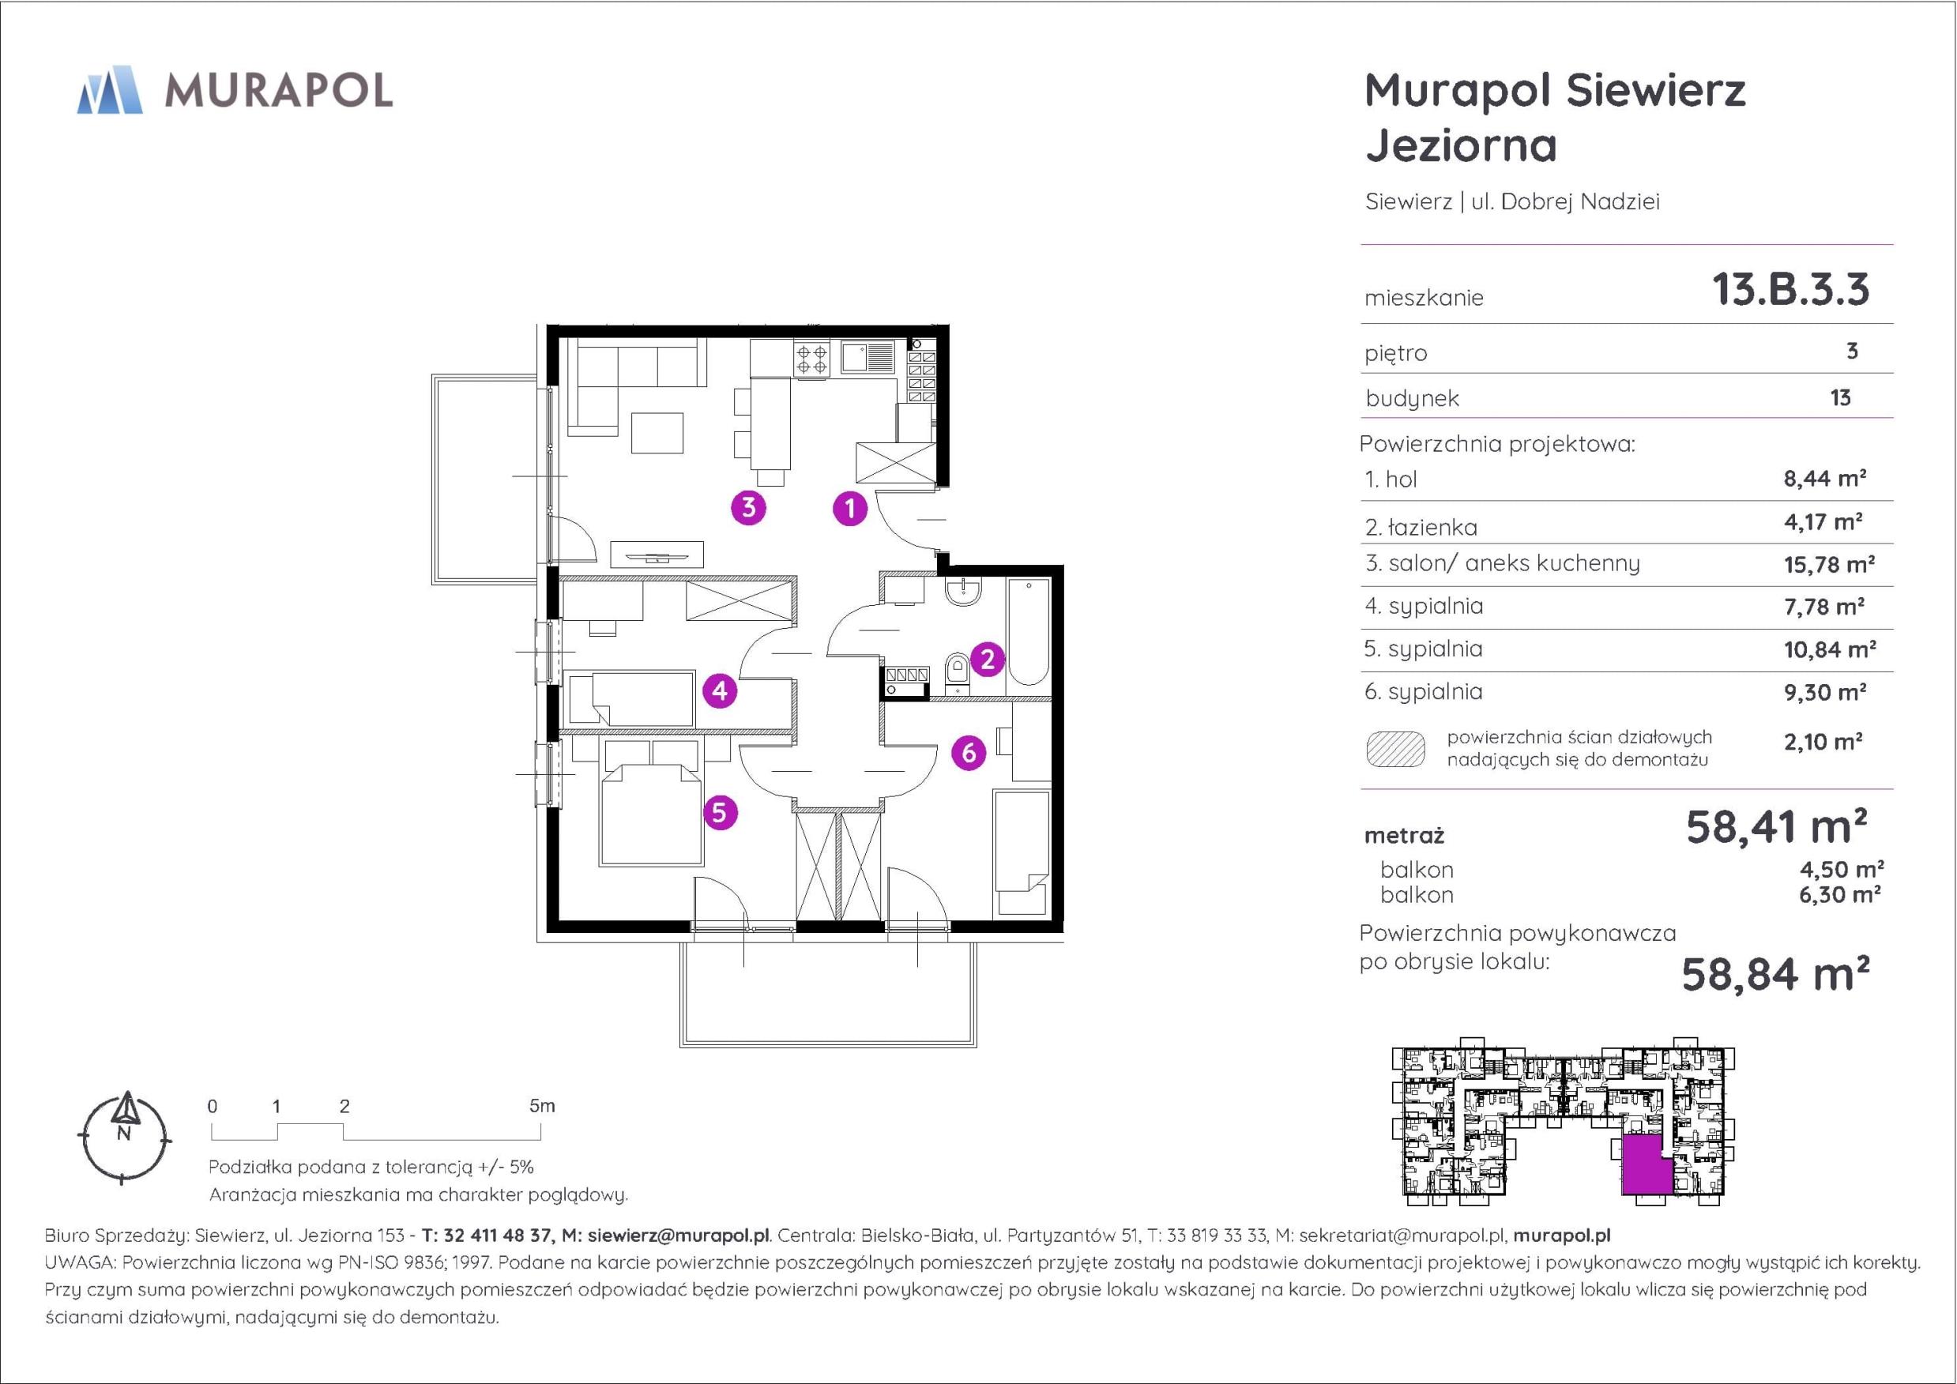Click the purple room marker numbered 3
tap(748, 508)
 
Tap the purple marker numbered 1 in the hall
tap(850, 509)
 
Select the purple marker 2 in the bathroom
tap(987, 659)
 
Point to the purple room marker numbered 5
tap(721, 812)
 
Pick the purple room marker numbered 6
tap(969, 753)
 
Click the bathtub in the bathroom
tap(1027, 631)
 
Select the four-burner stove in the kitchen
tap(811, 359)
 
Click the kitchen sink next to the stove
tap(867, 358)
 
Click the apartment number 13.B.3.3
tap(1791, 289)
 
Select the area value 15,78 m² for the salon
tap(1829, 564)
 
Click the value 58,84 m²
tap(1776, 974)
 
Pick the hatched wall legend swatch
tap(1395, 749)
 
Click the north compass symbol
tap(126, 1138)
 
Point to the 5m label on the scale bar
tap(542, 1106)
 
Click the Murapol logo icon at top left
tap(109, 89)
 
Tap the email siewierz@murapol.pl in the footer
tap(679, 1235)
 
